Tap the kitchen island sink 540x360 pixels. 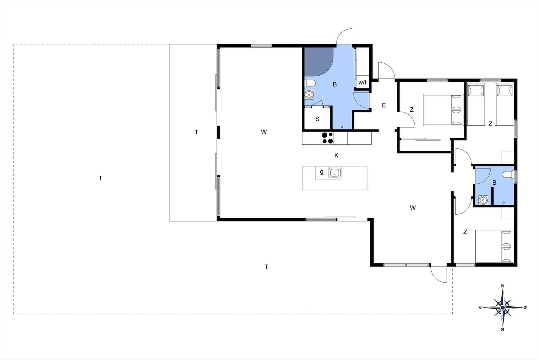[x=334, y=172]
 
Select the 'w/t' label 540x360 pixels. [x=362, y=82]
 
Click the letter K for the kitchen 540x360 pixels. [x=336, y=156]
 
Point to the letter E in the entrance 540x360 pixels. [x=384, y=105]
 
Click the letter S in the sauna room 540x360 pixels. [x=317, y=119]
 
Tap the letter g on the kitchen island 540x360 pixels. [x=322, y=172]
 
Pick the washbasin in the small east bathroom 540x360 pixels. [x=483, y=200]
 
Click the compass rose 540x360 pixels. [x=503, y=307]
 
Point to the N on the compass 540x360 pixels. [x=503, y=286]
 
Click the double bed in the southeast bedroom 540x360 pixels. [x=494, y=247]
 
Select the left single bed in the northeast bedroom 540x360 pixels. [x=476, y=104]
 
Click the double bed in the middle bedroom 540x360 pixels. [x=443, y=110]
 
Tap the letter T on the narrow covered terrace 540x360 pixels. [x=196, y=132]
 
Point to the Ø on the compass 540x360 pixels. [x=525, y=307]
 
